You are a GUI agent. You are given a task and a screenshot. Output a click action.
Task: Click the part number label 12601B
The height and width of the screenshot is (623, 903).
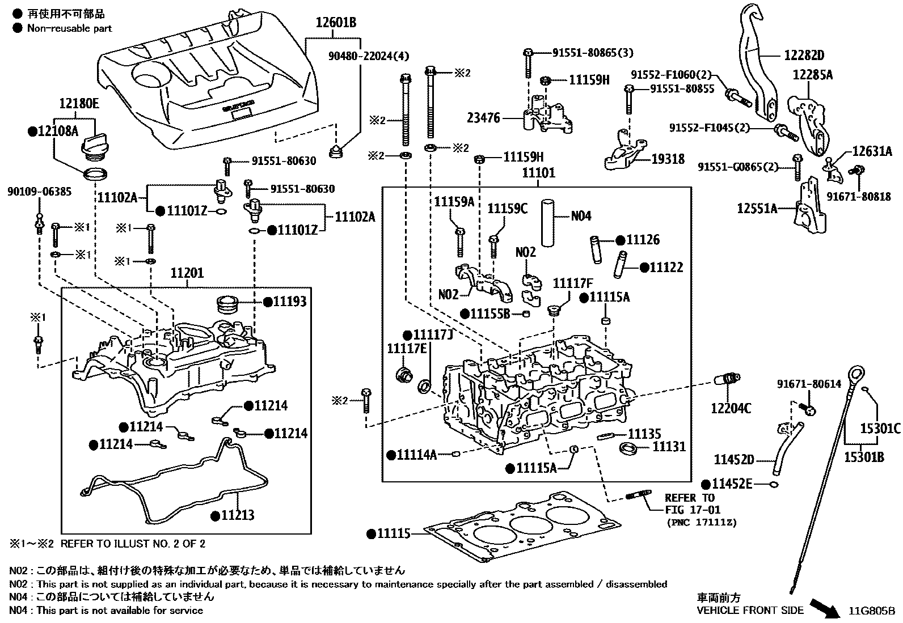(x=336, y=23)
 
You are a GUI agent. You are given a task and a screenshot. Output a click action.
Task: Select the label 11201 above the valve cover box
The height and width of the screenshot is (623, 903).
(x=187, y=274)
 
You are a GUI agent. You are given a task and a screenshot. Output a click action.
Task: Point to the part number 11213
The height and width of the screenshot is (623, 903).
(x=237, y=515)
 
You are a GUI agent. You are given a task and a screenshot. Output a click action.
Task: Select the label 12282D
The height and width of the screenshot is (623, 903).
(x=804, y=56)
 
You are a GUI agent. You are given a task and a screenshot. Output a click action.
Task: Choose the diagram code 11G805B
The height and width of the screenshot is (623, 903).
(x=871, y=611)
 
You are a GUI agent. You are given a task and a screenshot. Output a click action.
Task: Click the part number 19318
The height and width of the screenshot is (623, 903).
(x=667, y=160)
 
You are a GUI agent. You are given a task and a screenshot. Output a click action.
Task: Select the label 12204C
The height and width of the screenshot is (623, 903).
(x=731, y=408)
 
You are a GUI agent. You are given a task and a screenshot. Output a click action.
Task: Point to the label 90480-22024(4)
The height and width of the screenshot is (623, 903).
(x=368, y=56)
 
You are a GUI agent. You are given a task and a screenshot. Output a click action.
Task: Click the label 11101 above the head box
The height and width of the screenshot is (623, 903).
(x=538, y=173)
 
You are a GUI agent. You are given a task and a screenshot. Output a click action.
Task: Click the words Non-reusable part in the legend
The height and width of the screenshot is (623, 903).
(x=69, y=28)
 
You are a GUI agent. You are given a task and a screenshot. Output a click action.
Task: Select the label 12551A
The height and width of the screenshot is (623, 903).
(x=757, y=209)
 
